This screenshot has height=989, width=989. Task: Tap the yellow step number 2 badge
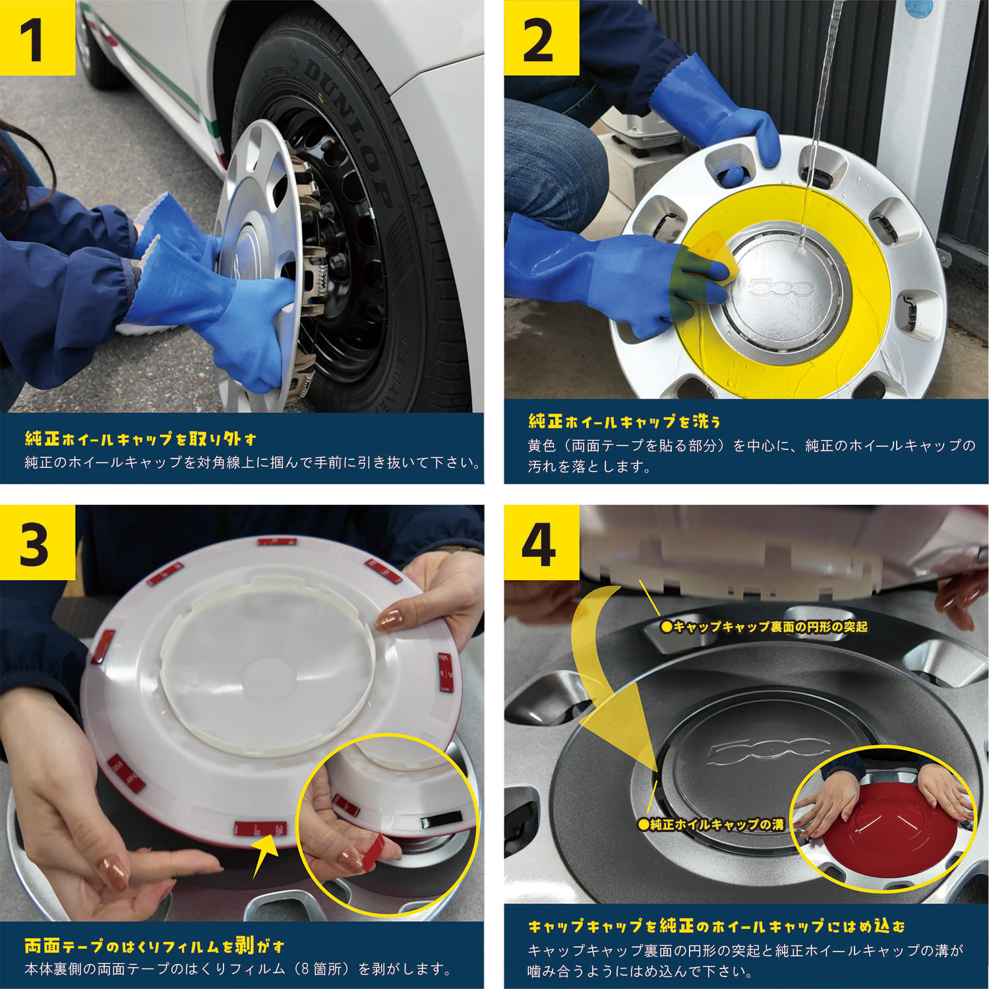point(539,38)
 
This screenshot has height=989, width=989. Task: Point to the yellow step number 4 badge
point(539,543)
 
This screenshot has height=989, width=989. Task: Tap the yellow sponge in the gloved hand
point(709,264)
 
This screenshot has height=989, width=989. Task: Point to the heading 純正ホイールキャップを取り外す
point(140,439)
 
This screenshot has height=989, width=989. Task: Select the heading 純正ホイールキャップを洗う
point(624,421)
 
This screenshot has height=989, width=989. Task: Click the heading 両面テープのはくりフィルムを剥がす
point(155,946)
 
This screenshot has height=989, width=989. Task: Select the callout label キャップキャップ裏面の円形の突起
point(765,627)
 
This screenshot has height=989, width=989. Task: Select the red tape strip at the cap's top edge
point(277,542)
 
